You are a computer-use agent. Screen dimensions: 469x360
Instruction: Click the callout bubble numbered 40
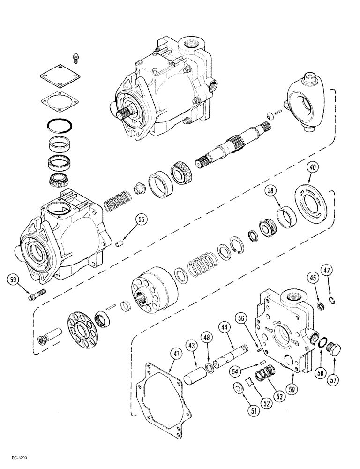point(314,167)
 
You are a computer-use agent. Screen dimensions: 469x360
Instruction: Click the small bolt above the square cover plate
point(75,58)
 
